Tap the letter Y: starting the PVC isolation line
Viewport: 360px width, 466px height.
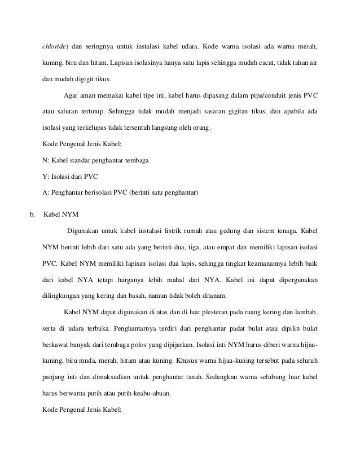point(46,177)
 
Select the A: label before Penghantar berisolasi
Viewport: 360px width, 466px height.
point(46,193)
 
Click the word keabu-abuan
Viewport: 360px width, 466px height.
point(149,394)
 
